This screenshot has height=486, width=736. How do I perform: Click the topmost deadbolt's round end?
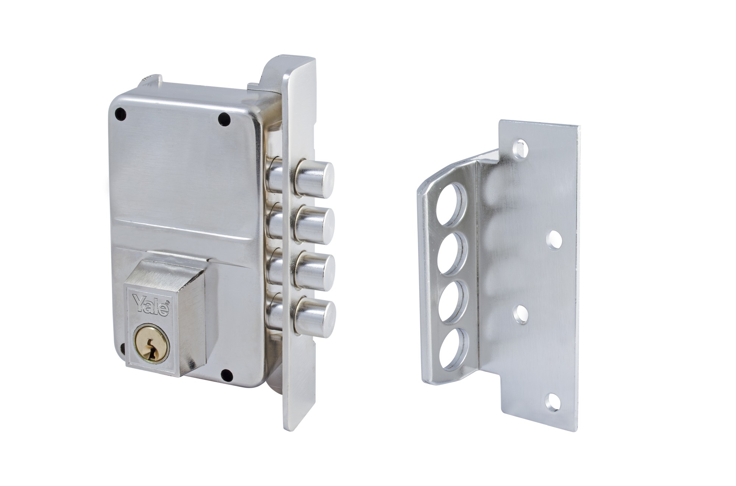tap(315, 178)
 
